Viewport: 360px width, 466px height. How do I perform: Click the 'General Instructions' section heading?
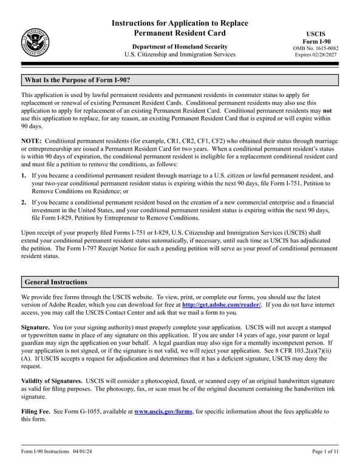(56, 282)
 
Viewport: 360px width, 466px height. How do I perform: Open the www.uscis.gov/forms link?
(163, 411)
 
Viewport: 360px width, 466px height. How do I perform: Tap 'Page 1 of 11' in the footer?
(325, 451)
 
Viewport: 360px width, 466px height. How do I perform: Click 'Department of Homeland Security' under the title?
(180, 47)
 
